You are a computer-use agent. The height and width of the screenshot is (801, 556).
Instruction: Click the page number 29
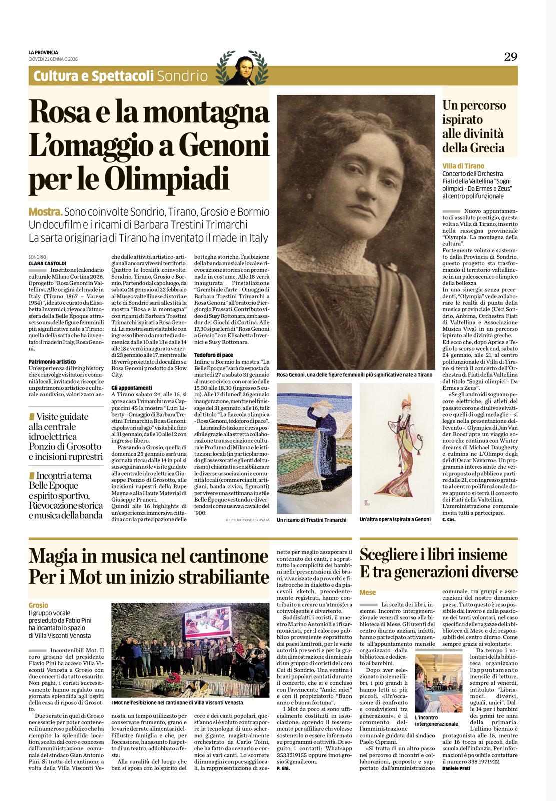coord(510,57)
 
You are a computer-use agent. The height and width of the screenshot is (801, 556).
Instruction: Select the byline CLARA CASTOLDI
coord(47,263)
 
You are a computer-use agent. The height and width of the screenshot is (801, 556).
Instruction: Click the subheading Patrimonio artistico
coord(52,361)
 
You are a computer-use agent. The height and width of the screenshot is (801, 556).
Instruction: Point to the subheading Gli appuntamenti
coord(131,388)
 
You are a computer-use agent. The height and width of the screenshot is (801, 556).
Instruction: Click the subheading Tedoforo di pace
coord(213,355)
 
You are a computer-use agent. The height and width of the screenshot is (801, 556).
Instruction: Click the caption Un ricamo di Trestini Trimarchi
coord(311,520)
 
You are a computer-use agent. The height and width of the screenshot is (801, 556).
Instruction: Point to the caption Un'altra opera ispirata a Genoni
coord(395,519)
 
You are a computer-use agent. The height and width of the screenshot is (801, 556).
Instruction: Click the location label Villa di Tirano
coord(463,166)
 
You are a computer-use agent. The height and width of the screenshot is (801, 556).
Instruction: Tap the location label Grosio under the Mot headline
coord(38,605)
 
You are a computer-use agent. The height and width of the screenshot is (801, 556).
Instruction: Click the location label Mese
coord(368,592)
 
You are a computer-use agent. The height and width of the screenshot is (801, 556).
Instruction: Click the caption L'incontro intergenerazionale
coord(436,721)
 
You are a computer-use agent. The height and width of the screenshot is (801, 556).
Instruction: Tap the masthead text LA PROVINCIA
coord(43,52)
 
